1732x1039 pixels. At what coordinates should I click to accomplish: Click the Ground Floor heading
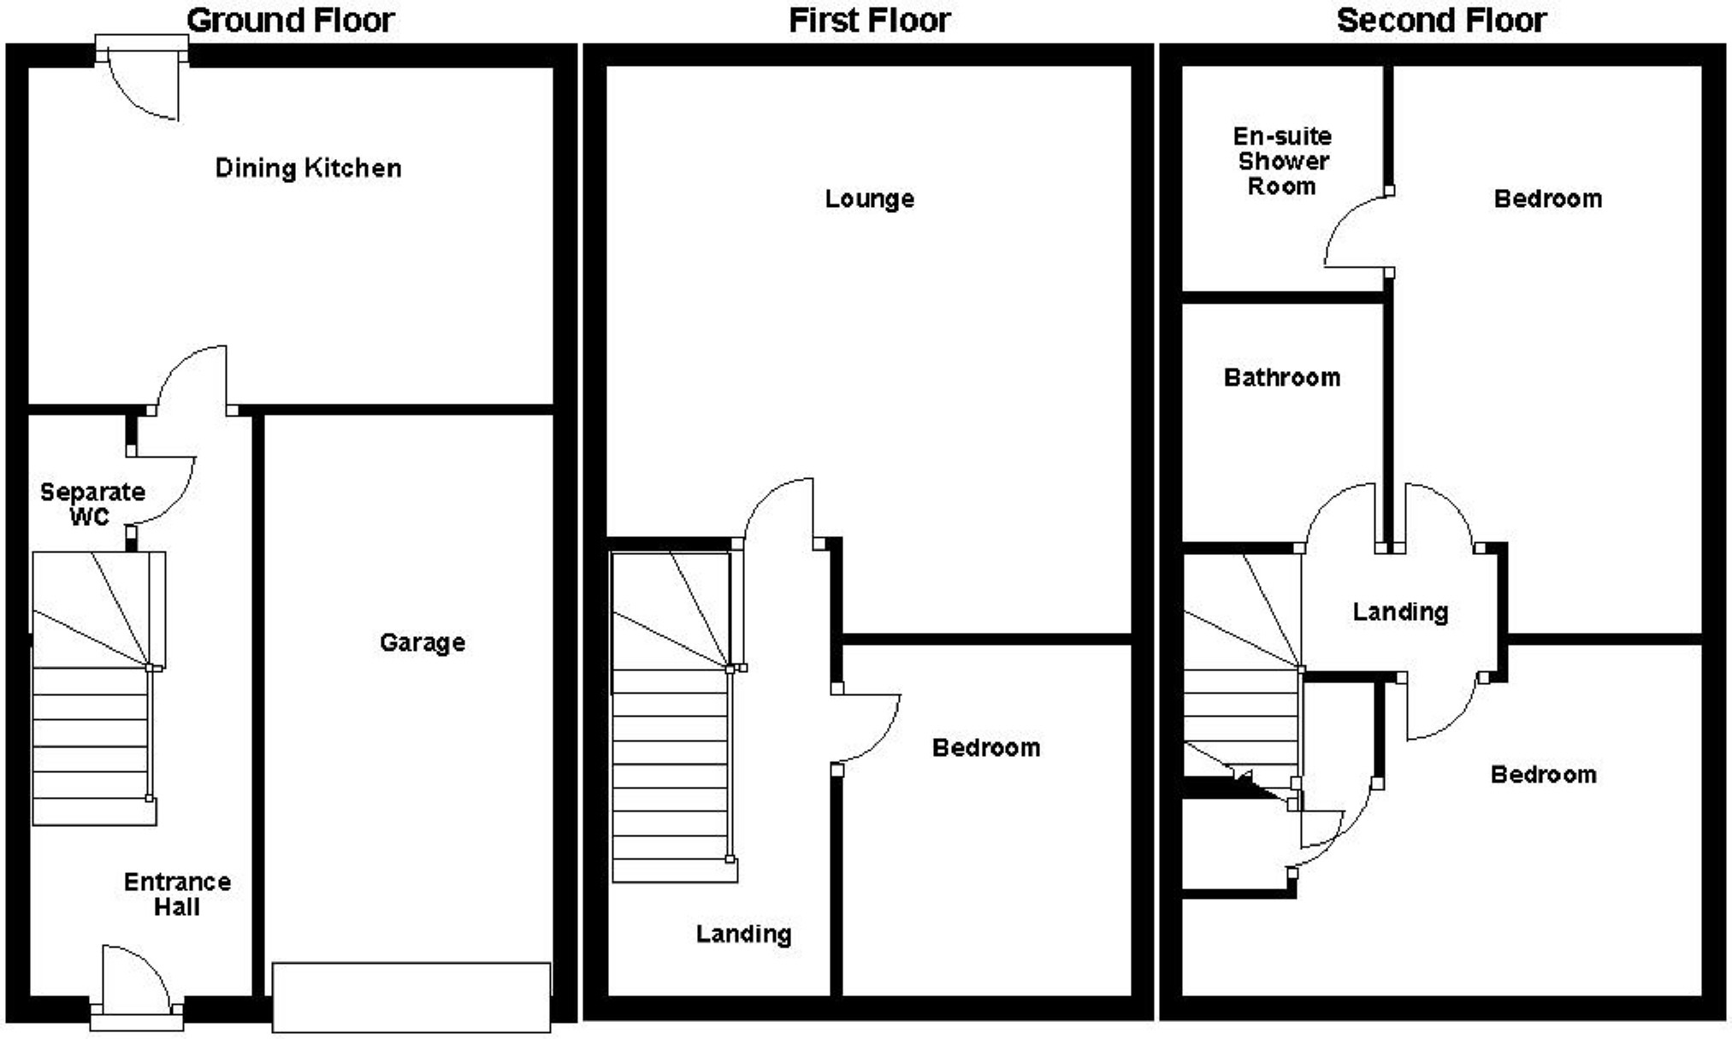coord(290,21)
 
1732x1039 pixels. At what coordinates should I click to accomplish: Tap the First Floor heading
coord(869,21)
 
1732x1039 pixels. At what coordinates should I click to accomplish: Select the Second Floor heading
coord(1441,21)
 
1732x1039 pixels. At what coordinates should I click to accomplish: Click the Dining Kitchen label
coord(308,168)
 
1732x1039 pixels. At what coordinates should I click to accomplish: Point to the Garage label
coord(423,642)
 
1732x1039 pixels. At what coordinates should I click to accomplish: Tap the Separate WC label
coord(92,504)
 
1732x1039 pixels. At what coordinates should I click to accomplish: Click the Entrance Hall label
coord(177,894)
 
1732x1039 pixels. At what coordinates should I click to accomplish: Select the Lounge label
coord(869,199)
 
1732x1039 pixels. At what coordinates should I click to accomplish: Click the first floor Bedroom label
coord(986,747)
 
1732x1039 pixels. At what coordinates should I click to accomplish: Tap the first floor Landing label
coord(743,934)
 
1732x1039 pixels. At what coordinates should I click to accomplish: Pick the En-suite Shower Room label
coord(1281,161)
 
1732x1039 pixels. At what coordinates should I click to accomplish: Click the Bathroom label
coord(1281,377)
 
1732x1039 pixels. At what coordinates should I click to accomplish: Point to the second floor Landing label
coord(1400,611)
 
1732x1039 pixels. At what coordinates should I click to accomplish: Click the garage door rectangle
coord(411,997)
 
